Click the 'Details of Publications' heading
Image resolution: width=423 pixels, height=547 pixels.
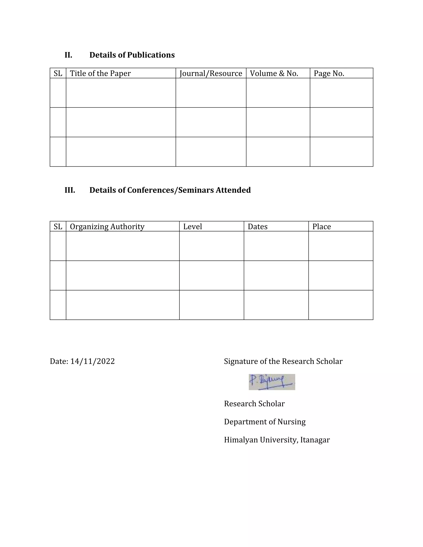(132, 55)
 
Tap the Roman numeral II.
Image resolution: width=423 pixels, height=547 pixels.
(68, 55)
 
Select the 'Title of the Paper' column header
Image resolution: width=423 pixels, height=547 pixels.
(100, 73)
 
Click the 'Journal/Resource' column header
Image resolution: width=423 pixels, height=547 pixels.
(211, 73)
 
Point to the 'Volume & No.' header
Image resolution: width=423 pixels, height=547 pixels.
(274, 73)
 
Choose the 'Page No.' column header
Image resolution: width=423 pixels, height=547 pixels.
(329, 73)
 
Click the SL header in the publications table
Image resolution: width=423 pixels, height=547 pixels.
(58, 73)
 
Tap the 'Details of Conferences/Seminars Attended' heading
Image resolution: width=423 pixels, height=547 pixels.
(170, 190)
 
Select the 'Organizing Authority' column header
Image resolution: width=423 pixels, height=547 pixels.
(107, 227)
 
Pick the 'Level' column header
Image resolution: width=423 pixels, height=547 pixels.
(192, 227)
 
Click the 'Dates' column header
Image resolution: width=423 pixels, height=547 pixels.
(258, 227)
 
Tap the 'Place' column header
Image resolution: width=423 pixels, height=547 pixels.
(322, 227)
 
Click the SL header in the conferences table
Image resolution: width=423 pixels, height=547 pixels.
(58, 227)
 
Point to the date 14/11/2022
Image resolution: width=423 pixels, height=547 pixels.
(93, 361)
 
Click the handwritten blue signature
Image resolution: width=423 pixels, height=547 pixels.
(272, 382)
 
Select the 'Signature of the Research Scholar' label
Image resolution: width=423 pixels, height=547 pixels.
(283, 361)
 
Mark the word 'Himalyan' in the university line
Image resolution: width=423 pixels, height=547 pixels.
(241, 440)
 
